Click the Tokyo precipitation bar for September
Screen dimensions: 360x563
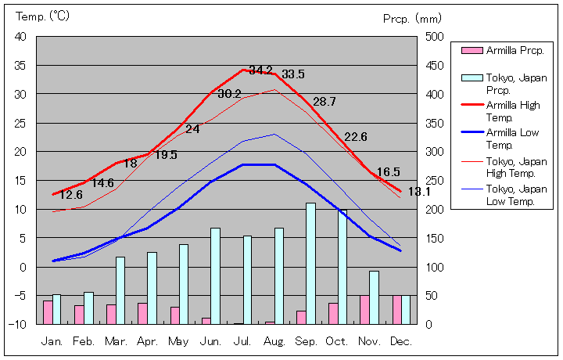coord(310,263)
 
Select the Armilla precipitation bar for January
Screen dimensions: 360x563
coord(48,312)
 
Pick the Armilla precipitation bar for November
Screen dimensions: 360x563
coord(364,310)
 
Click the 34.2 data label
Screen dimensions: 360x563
coord(260,70)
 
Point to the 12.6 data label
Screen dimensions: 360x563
coord(71,195)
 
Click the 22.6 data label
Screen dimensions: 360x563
coord(356,137)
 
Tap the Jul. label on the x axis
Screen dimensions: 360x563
coord(244,341)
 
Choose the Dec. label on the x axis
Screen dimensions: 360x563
coord(401,341)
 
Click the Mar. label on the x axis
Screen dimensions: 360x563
coord(117,341)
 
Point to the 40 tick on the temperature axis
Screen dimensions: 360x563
coord(20,37)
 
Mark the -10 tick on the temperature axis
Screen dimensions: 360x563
coord(19,324)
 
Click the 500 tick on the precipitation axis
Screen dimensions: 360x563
coord(435,37)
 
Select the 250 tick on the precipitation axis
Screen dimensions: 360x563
coord(435,181)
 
